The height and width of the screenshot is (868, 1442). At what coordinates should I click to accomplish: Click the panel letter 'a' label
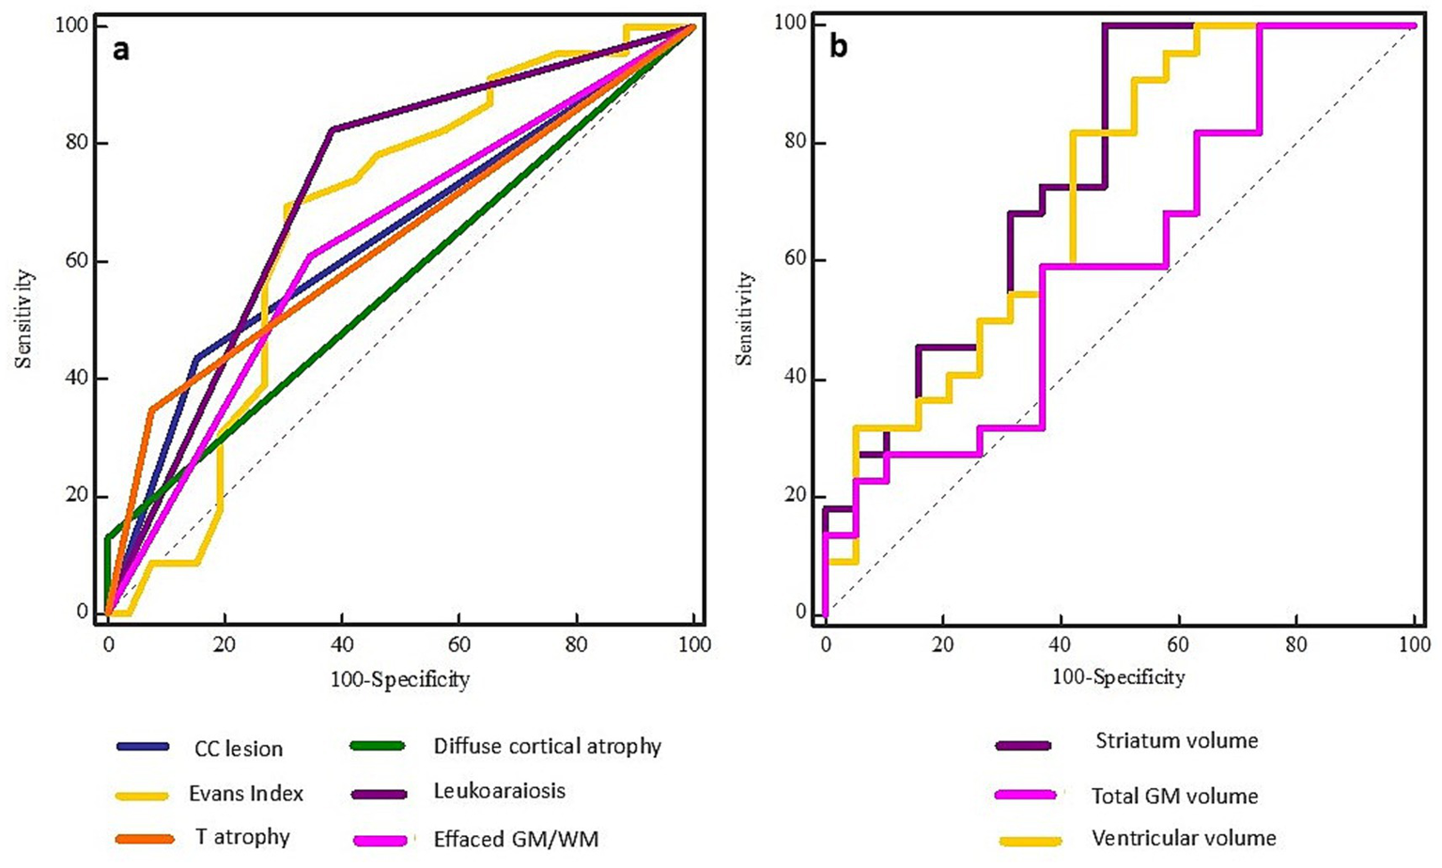click(x=120, y=50)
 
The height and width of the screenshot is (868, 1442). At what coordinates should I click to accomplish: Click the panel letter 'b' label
click(x=838, y=46)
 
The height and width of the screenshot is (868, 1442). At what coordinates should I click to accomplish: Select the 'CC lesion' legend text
click(x=239, y=749)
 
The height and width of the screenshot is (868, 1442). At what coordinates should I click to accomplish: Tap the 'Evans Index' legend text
click(x=246, y=794)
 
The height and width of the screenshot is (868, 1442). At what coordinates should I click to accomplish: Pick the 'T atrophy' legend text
click(x=242, y=837)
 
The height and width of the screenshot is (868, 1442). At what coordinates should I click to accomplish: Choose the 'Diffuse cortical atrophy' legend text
click(x=547, y=747)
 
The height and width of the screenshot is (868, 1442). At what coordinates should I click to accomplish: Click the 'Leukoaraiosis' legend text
click(x=499, y=791)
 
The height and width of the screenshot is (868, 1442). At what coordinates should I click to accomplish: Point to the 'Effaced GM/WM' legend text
click(x=515, y=838)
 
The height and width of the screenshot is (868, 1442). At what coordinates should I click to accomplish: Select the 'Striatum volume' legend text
click(x=1176, y=741)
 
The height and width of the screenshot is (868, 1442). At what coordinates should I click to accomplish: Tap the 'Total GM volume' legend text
click(x=1174, y=797)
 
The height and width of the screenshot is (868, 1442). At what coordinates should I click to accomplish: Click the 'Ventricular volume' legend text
click(x=1183, y=838)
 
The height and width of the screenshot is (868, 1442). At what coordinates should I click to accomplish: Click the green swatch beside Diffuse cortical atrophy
click(x=377, y=747)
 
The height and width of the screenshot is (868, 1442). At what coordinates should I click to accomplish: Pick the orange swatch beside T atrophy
click(x=145, y=838)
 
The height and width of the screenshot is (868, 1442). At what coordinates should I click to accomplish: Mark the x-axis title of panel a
click(x=399, y=679)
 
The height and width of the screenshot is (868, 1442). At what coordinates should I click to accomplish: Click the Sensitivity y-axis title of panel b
click(x=746, y=318)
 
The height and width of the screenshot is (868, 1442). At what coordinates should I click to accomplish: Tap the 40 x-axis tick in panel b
click(x=1060, y=645)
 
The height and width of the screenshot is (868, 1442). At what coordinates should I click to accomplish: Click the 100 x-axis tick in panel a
click(x=695, y=645)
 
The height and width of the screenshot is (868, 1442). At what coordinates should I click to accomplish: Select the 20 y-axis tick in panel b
click(x=795, y=497)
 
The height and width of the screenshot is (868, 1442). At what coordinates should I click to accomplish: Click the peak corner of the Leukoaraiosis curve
click(x=332, y=129)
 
